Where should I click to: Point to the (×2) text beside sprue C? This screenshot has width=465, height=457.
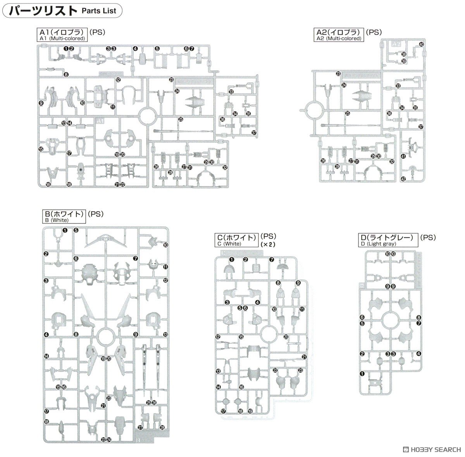(x=267, y=244)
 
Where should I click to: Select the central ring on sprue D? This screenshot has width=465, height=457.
(x=390, y=319)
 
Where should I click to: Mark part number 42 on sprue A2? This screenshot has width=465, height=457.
(x=403, y=179)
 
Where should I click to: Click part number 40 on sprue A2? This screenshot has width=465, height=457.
(x=421, y=45)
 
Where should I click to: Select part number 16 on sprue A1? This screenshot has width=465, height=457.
(x=48, y=185)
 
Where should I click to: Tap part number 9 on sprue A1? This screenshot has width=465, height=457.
(x=41, y=103)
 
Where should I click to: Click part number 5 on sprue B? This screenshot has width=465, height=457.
(x=76, y=230)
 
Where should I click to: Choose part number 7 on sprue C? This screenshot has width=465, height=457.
(x=272, y=260)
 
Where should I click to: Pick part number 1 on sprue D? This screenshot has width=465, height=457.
(x=362, y=374)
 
